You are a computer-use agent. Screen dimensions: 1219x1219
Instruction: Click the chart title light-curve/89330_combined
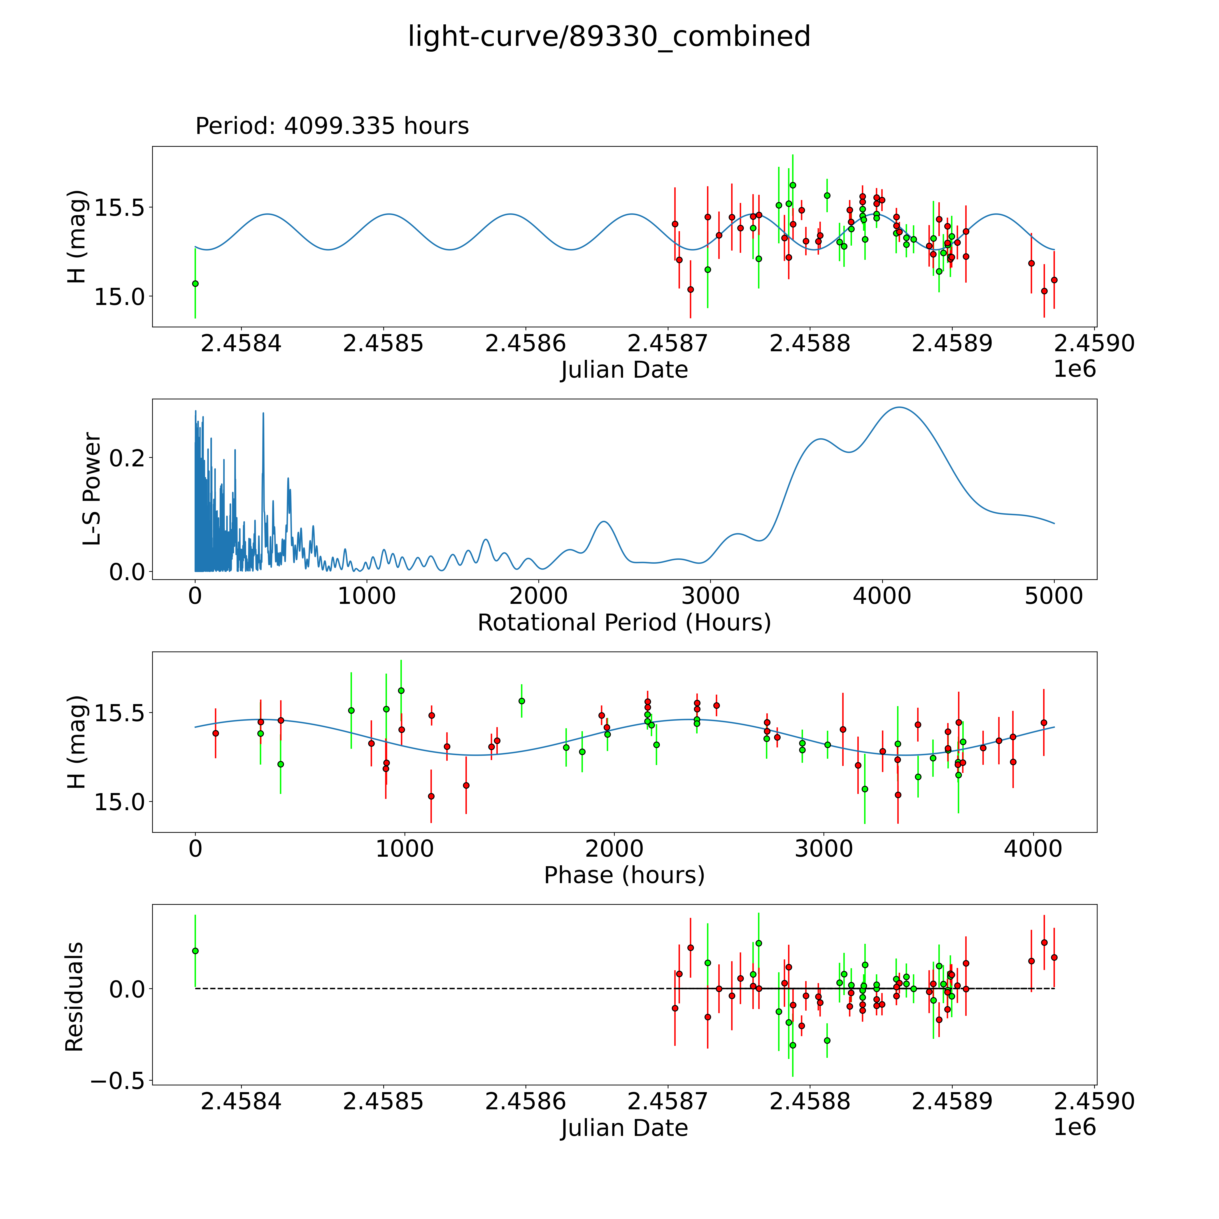click(x=609, y=37)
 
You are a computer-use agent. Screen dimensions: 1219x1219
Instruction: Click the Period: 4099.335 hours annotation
click(x=332, y=126)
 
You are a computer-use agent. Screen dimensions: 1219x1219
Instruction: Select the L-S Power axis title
click(x=92, y=489)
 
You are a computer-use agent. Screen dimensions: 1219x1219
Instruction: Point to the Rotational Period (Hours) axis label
click(x=624, y=623)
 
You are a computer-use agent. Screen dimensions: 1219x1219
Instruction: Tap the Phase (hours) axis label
click(x=624, y=875)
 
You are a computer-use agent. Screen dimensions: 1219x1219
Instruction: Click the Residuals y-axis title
click(x=74, y=997)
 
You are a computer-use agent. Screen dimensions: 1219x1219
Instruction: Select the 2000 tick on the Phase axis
click(x=614, y=849)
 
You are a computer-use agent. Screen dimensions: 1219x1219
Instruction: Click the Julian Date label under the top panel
click(x=624, y=370)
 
